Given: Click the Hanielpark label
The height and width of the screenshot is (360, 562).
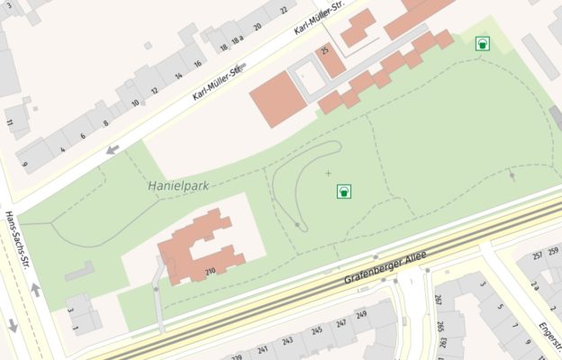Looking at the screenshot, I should [177, 186].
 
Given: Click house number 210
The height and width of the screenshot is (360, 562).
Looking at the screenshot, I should [210, 271].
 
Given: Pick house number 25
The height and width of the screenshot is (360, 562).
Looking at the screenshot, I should [325, 49].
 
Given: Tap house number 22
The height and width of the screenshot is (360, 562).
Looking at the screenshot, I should [283, 11].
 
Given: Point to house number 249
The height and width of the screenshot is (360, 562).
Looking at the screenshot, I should [361, 314].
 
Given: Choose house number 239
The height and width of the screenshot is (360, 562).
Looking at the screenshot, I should [237, 356].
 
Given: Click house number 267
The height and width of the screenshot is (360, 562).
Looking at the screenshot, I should [438, 300].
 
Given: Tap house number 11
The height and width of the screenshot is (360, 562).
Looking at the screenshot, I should [10, 122].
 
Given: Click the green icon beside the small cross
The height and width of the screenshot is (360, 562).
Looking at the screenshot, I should [343, 191].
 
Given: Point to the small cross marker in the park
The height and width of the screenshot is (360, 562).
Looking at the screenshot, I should [328, 172].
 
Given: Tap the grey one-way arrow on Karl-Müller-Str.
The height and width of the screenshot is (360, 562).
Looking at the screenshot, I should [113, 149].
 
